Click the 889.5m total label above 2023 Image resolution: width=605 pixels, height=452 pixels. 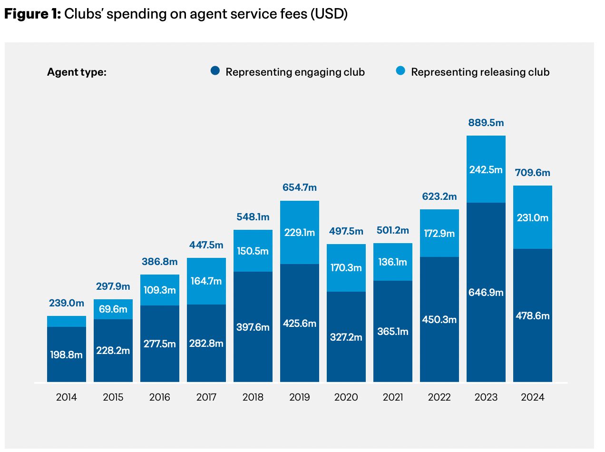click(x=486, y=123)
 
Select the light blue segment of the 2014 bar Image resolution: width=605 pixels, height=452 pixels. click(x=67, y=321)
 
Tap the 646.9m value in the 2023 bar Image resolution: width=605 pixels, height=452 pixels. click(x=486, y=293)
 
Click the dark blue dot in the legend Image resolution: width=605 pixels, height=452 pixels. click(x=215, y=71)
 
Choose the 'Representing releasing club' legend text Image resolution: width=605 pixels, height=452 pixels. click(x=480, y=72)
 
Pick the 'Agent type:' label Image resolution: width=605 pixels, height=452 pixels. click(x=77, y=72)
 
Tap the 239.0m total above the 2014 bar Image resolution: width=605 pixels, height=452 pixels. click(x=67, y=303)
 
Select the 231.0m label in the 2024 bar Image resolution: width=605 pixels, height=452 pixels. click(x=532, y=217)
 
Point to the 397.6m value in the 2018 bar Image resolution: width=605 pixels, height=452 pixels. click(x=253, y=327)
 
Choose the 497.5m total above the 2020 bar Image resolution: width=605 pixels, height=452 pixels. click(x=346, y=231)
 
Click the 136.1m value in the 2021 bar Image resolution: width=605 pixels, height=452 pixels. click(x=392, y=262)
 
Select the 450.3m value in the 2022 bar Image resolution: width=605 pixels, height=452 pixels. click(x=439, y=320)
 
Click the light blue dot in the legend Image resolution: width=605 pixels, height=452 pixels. click(x=400, y=71)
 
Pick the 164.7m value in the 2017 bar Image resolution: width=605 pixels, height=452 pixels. click(x=206, y=281)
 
